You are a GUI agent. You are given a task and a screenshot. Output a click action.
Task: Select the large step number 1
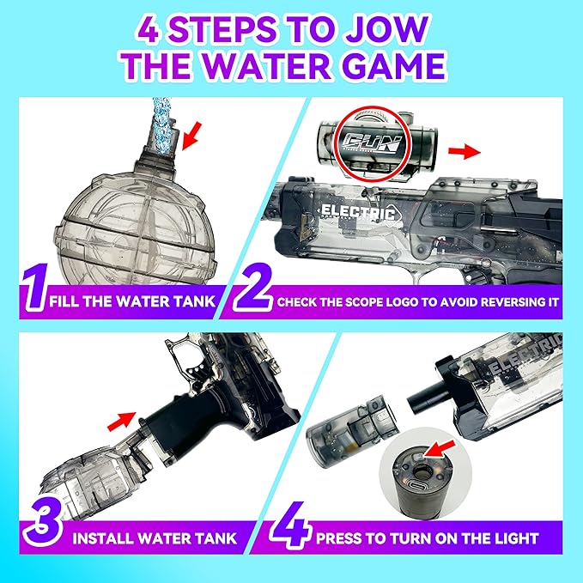[x=32, y=291]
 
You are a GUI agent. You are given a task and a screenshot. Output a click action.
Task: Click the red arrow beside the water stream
[x=197, y=130]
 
